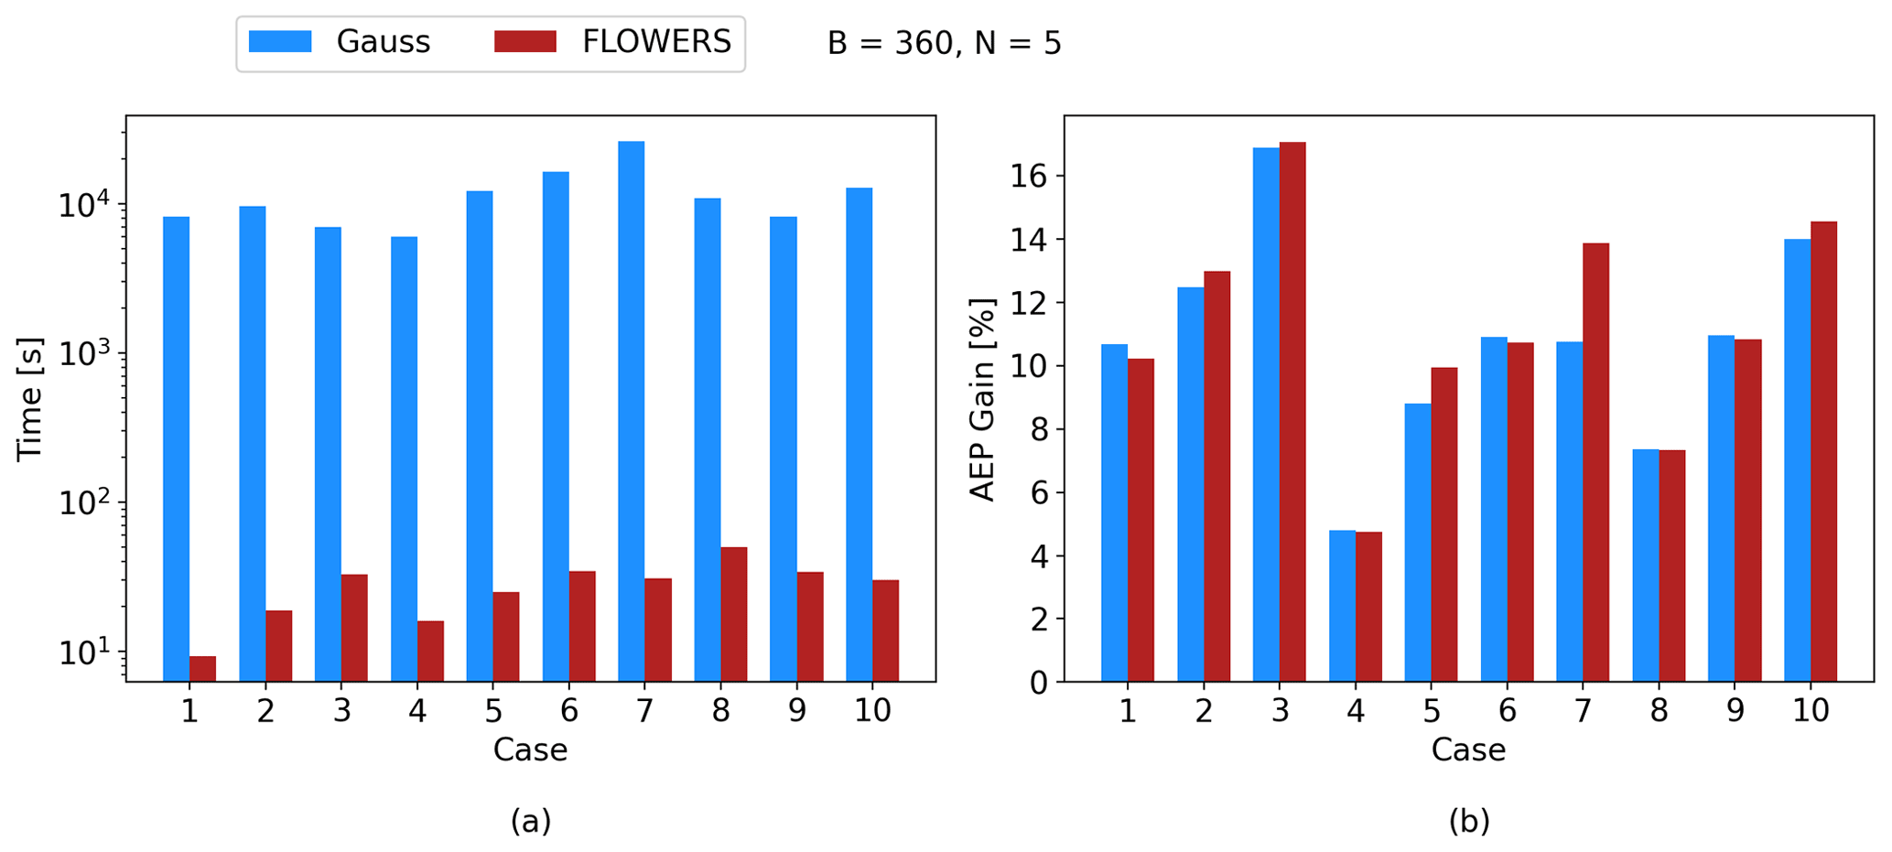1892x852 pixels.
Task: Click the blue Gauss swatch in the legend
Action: tap(280, 42)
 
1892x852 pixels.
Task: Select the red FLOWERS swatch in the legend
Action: tap(525, 42)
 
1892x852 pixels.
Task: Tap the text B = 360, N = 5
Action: tap(944, 43)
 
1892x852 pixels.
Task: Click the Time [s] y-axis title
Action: tap(29, 398)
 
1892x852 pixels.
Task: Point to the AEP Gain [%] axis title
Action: tap(982, 399)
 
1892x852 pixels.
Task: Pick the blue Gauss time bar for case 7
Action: tap(631, 412)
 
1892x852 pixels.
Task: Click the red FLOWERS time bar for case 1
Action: tap(202, 669)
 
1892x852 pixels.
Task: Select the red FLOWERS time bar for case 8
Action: tap(733, 614)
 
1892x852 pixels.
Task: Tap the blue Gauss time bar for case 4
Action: tap(404, 458)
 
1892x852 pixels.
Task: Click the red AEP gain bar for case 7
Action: tap(1595, 462)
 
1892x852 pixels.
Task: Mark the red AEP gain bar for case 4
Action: tap(1368, 607)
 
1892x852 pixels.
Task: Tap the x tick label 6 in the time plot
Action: tap(568, 711)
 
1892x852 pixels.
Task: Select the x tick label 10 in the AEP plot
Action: tap(1810, 711)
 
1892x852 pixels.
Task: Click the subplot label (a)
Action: tap(530, 821)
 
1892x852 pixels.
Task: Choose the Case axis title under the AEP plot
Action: tap(1468, 750)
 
